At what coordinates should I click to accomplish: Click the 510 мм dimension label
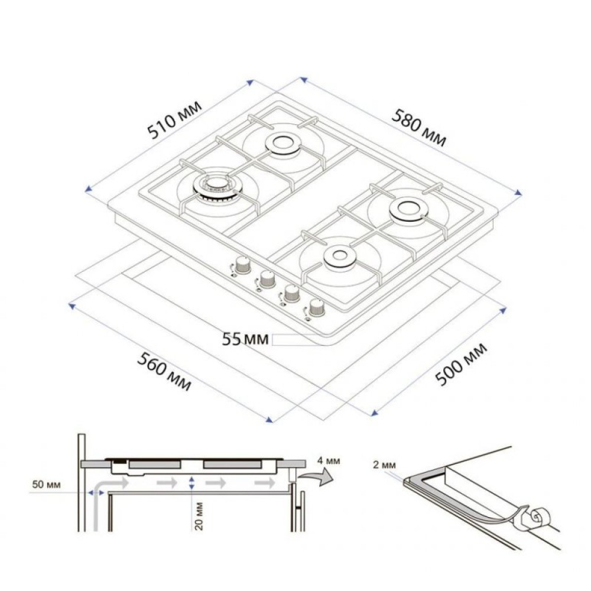pos(175,121)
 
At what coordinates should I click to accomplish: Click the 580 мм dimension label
pos(418,127)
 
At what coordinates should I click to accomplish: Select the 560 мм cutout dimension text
pos(165,371)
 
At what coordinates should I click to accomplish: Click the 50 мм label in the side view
pos(46,485)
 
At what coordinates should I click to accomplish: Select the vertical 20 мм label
pos(199,516)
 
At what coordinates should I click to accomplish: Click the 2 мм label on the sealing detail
pos(384,464)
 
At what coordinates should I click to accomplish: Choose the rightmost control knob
pos(316,307)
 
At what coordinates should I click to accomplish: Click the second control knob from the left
pos(267,278)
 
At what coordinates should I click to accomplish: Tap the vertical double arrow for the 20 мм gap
pos(191,483)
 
